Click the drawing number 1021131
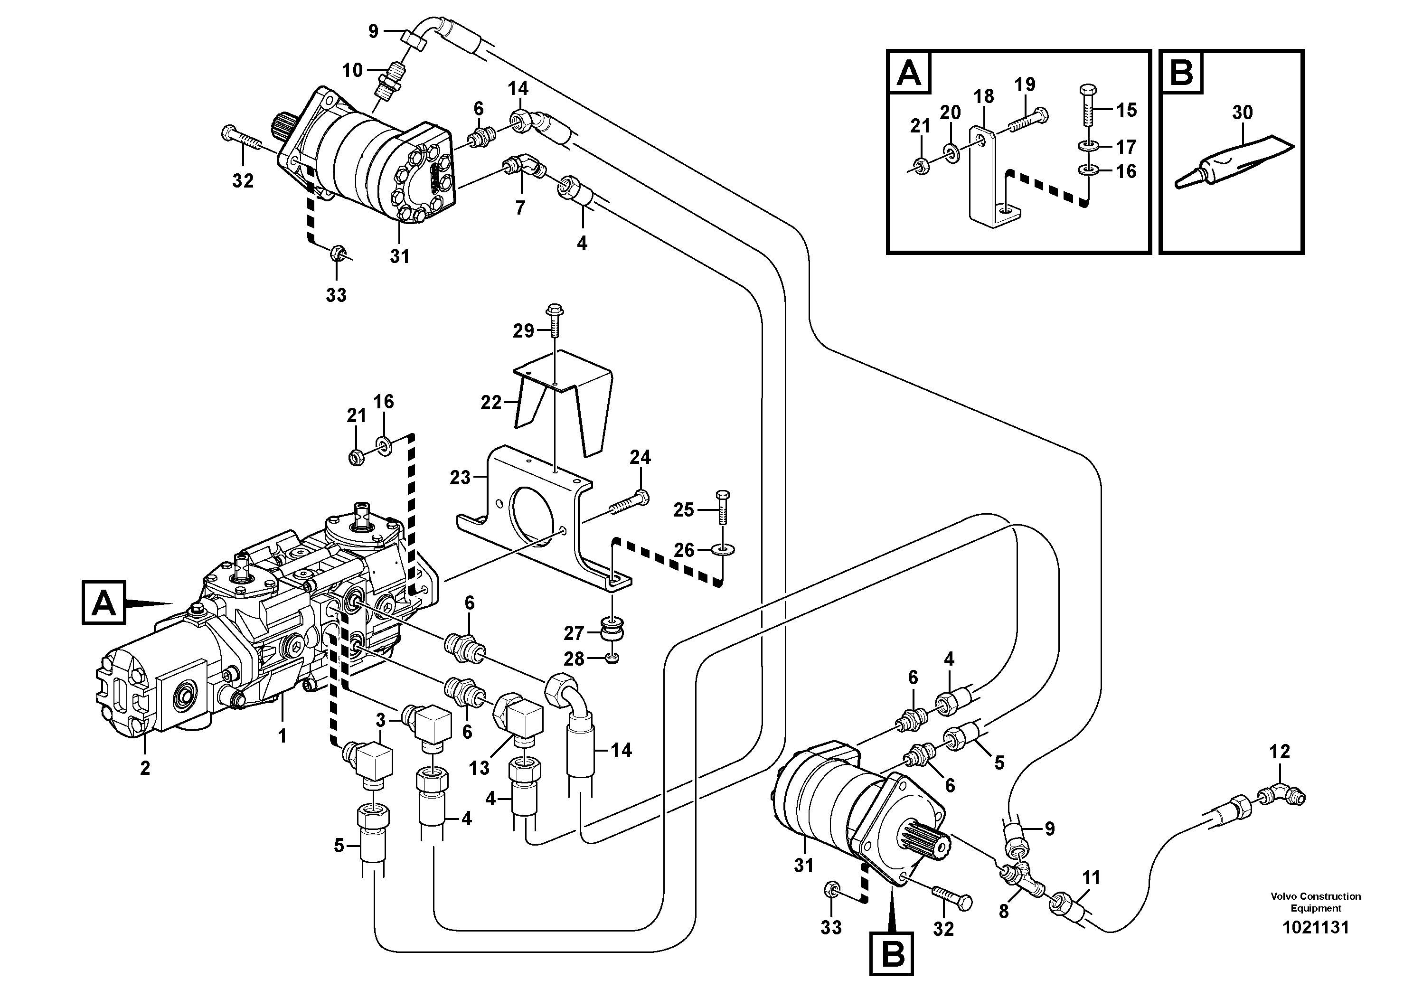click(x=1315, y=927)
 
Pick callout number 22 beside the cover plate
click(x=490, y=403)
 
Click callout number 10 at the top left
click(x=353, y=70)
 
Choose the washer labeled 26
click(x=722, y=549)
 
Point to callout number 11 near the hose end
click(x=1091, y=877)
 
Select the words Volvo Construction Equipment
click(x=1315, y=902)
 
